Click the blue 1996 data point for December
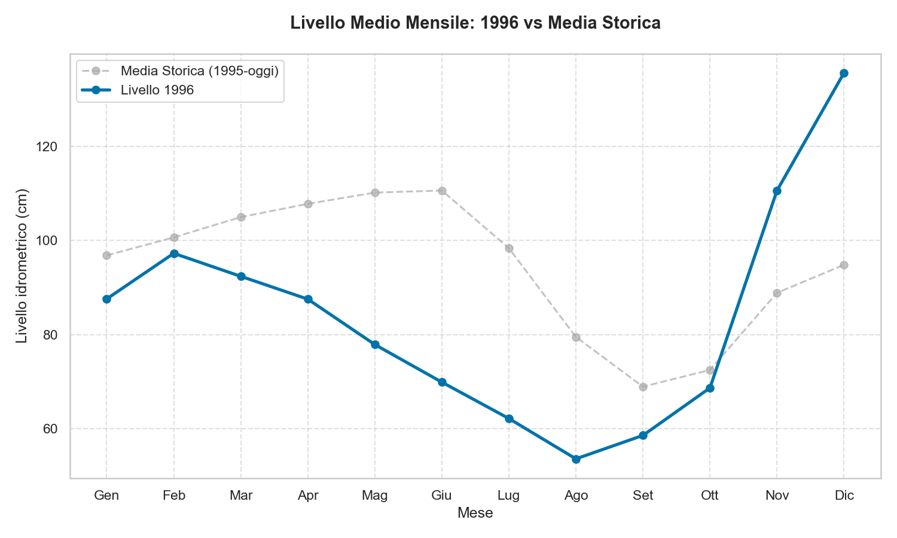point(844,74)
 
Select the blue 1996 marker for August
point(576,459)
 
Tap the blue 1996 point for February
point(174,253)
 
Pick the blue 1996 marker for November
point(777,191)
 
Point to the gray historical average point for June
point(442,191)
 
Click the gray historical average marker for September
point(643,387)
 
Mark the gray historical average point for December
point(844,265)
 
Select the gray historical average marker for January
point(106,255)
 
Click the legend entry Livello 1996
point(157,90)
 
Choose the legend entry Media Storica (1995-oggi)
point(199,71)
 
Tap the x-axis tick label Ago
point(576,496)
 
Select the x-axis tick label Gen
point(106,496)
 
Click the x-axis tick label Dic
point(844,496)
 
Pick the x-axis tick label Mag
point(375,496)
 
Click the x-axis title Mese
point(475,513)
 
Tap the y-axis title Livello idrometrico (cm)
point(22,266)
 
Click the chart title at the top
point(475,23)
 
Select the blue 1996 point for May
point(375,344)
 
